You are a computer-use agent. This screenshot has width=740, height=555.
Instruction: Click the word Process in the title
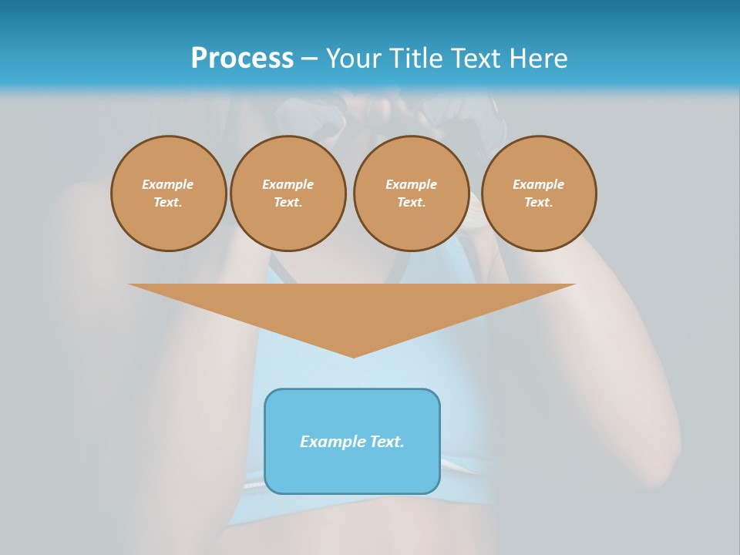[242, 59]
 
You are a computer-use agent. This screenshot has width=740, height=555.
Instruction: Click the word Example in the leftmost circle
[168, 184]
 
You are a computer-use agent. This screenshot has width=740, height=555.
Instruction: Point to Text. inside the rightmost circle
[539, 202]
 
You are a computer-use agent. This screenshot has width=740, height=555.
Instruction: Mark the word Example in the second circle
[288, 184]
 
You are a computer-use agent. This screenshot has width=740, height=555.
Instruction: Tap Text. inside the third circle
[411, 202]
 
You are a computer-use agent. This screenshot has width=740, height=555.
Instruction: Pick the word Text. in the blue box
[387, 442]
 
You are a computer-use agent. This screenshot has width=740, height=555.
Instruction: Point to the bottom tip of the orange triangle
[353, 355]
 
